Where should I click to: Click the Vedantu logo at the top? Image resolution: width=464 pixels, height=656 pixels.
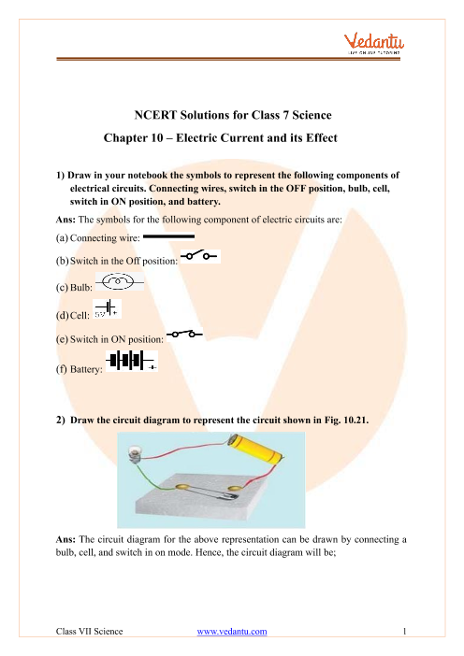click(x=374, y=44)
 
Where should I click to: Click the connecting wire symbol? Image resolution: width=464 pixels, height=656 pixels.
click(x=168, y=236)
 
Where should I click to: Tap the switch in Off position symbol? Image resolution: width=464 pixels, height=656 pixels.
click(x=200, y=256)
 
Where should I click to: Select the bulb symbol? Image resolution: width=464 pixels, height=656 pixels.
click(x=120, y=281)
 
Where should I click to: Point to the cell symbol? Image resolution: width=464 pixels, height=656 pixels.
click(x=108, y=308)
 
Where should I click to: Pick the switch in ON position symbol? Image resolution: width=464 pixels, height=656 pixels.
click(x=184, y=334)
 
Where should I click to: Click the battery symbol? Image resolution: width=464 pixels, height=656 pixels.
click(x=132, y=361)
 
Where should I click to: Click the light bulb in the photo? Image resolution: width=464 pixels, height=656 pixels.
click(x=135, y=454)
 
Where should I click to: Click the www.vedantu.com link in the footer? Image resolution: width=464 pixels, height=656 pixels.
click(x=232, y=632)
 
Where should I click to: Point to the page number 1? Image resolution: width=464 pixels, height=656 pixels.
click(x=404, y=632)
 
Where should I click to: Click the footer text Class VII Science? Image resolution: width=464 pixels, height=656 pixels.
click(x=89, y=632)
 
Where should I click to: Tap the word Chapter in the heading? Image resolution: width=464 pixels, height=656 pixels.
click(x=124, y=138)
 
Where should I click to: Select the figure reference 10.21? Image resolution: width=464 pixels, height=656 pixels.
click(x=355, y=420)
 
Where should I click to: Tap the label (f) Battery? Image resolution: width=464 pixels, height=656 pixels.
click(x=80, y=369)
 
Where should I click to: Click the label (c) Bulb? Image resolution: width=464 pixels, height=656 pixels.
click(x=74, y=288)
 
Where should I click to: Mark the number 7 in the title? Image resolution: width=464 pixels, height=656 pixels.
click(x=285, y=115)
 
